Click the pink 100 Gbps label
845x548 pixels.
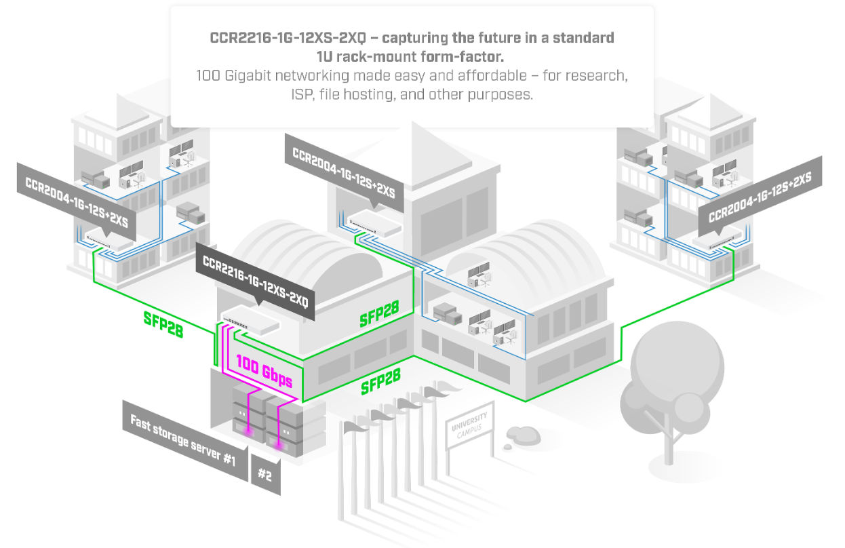264,370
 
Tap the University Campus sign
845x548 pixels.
469,425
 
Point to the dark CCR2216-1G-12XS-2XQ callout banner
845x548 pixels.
255,280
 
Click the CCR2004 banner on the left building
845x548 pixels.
76,200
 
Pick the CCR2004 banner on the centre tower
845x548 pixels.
344,172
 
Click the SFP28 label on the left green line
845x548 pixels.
163,324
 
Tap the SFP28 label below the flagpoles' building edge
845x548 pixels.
380,381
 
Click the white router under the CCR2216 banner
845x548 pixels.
251,319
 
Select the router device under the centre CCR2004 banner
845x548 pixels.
374,223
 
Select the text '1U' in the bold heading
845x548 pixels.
324,56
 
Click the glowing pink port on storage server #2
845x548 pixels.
279,446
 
